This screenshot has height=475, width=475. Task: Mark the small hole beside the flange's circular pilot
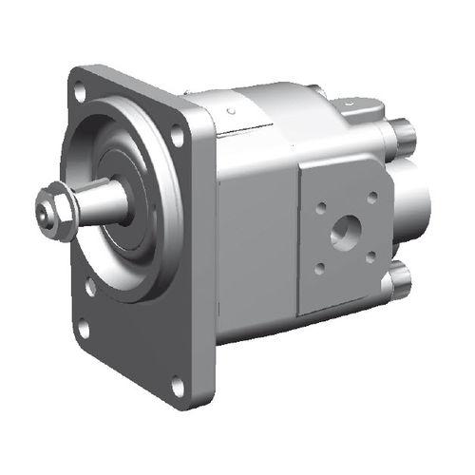click(x=89, y=284)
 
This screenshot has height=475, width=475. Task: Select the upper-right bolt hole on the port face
click(x=371, y=197)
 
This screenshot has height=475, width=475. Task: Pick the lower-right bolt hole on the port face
click(x=370, y=257)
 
